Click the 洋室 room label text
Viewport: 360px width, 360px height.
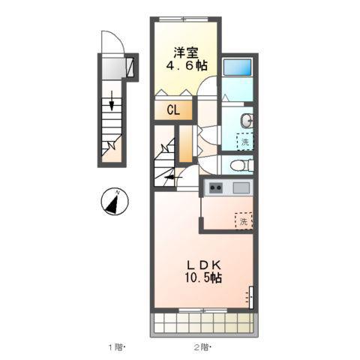click(186, 52)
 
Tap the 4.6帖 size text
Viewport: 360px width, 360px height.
click(187, 65)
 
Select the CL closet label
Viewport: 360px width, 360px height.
click(173, 109)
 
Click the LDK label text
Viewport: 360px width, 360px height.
click(204, 265)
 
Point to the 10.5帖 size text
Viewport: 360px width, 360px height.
click(203, 277)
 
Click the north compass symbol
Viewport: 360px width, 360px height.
click(115, 202)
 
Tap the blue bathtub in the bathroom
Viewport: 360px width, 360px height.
click(237, 67)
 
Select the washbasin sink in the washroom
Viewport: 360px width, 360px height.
click(247, 121)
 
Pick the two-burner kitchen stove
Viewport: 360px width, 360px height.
click(215, 187)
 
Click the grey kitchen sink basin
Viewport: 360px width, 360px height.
click(241, 187)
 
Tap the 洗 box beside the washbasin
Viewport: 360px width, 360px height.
click(245, 142)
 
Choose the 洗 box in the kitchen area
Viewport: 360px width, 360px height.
click(244, 221)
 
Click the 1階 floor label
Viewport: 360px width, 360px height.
click(115, 347)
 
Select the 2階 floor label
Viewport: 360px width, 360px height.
click(202, 347)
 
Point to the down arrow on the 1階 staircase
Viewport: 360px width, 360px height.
click(112, 100)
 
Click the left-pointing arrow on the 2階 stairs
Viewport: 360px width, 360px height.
click(173, 178)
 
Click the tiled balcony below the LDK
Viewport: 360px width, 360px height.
click(204, 323)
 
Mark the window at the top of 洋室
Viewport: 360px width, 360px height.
click(184, 19)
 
